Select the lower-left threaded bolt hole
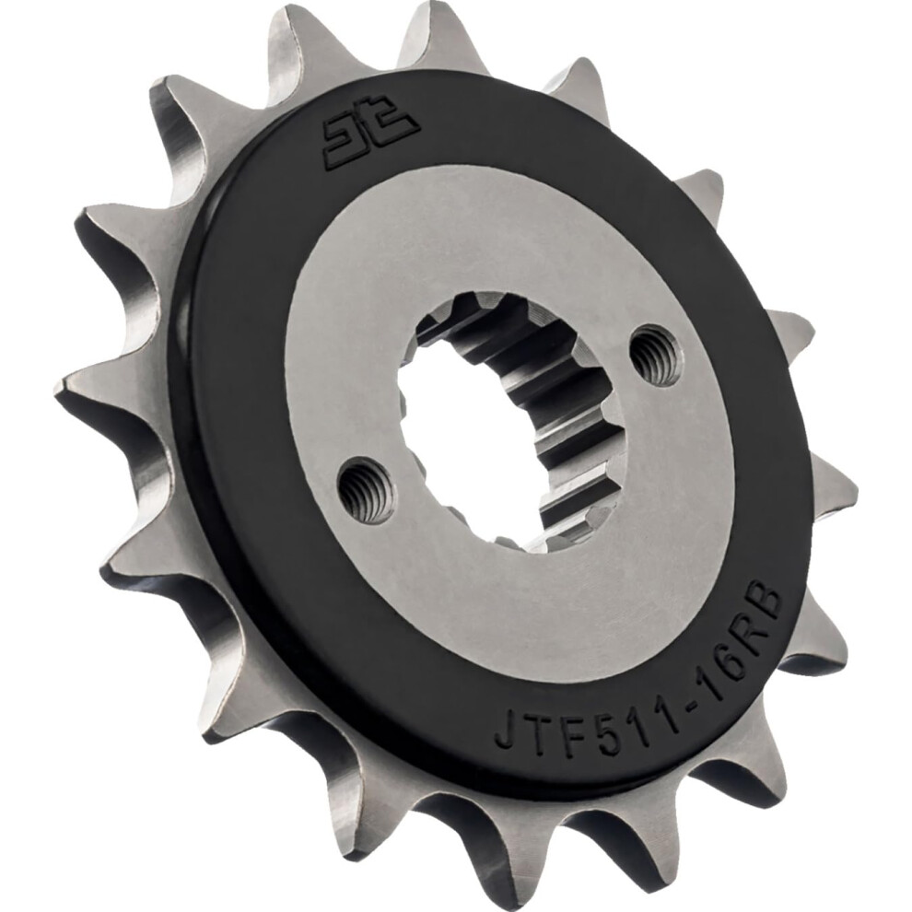366,490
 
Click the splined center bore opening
497,433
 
